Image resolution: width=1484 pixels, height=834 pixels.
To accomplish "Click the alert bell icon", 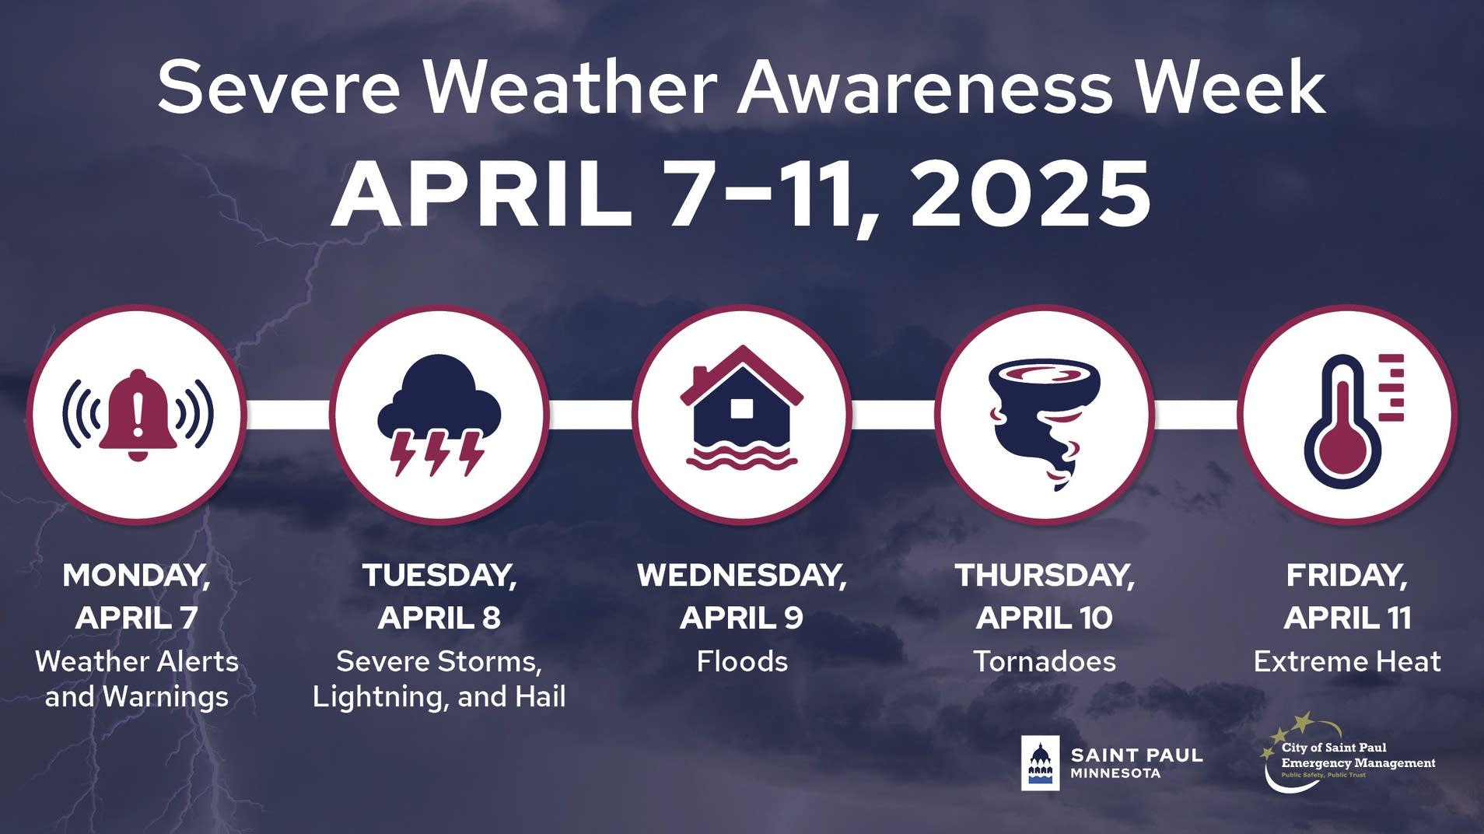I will (138, 415).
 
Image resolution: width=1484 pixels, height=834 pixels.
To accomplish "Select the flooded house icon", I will (741, 411).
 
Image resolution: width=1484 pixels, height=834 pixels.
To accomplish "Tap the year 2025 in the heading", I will (1031, 194).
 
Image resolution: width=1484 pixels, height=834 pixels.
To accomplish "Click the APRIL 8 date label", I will (439, 618).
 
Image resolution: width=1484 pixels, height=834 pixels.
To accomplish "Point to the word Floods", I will (741, 662).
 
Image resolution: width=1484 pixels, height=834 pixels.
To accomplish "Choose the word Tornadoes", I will (1044, 662).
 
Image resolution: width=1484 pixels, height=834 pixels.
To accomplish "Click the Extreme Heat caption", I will (1346, 662).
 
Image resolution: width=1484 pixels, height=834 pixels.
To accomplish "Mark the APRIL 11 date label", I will (1346, 618).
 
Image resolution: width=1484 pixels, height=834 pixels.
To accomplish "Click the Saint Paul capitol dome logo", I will (1040, 763).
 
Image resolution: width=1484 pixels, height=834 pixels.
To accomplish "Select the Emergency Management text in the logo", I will (1357, 763).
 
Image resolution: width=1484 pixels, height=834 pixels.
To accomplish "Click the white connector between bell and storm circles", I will (288, 415).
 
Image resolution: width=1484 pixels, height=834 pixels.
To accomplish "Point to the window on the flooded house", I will (741, 408).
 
